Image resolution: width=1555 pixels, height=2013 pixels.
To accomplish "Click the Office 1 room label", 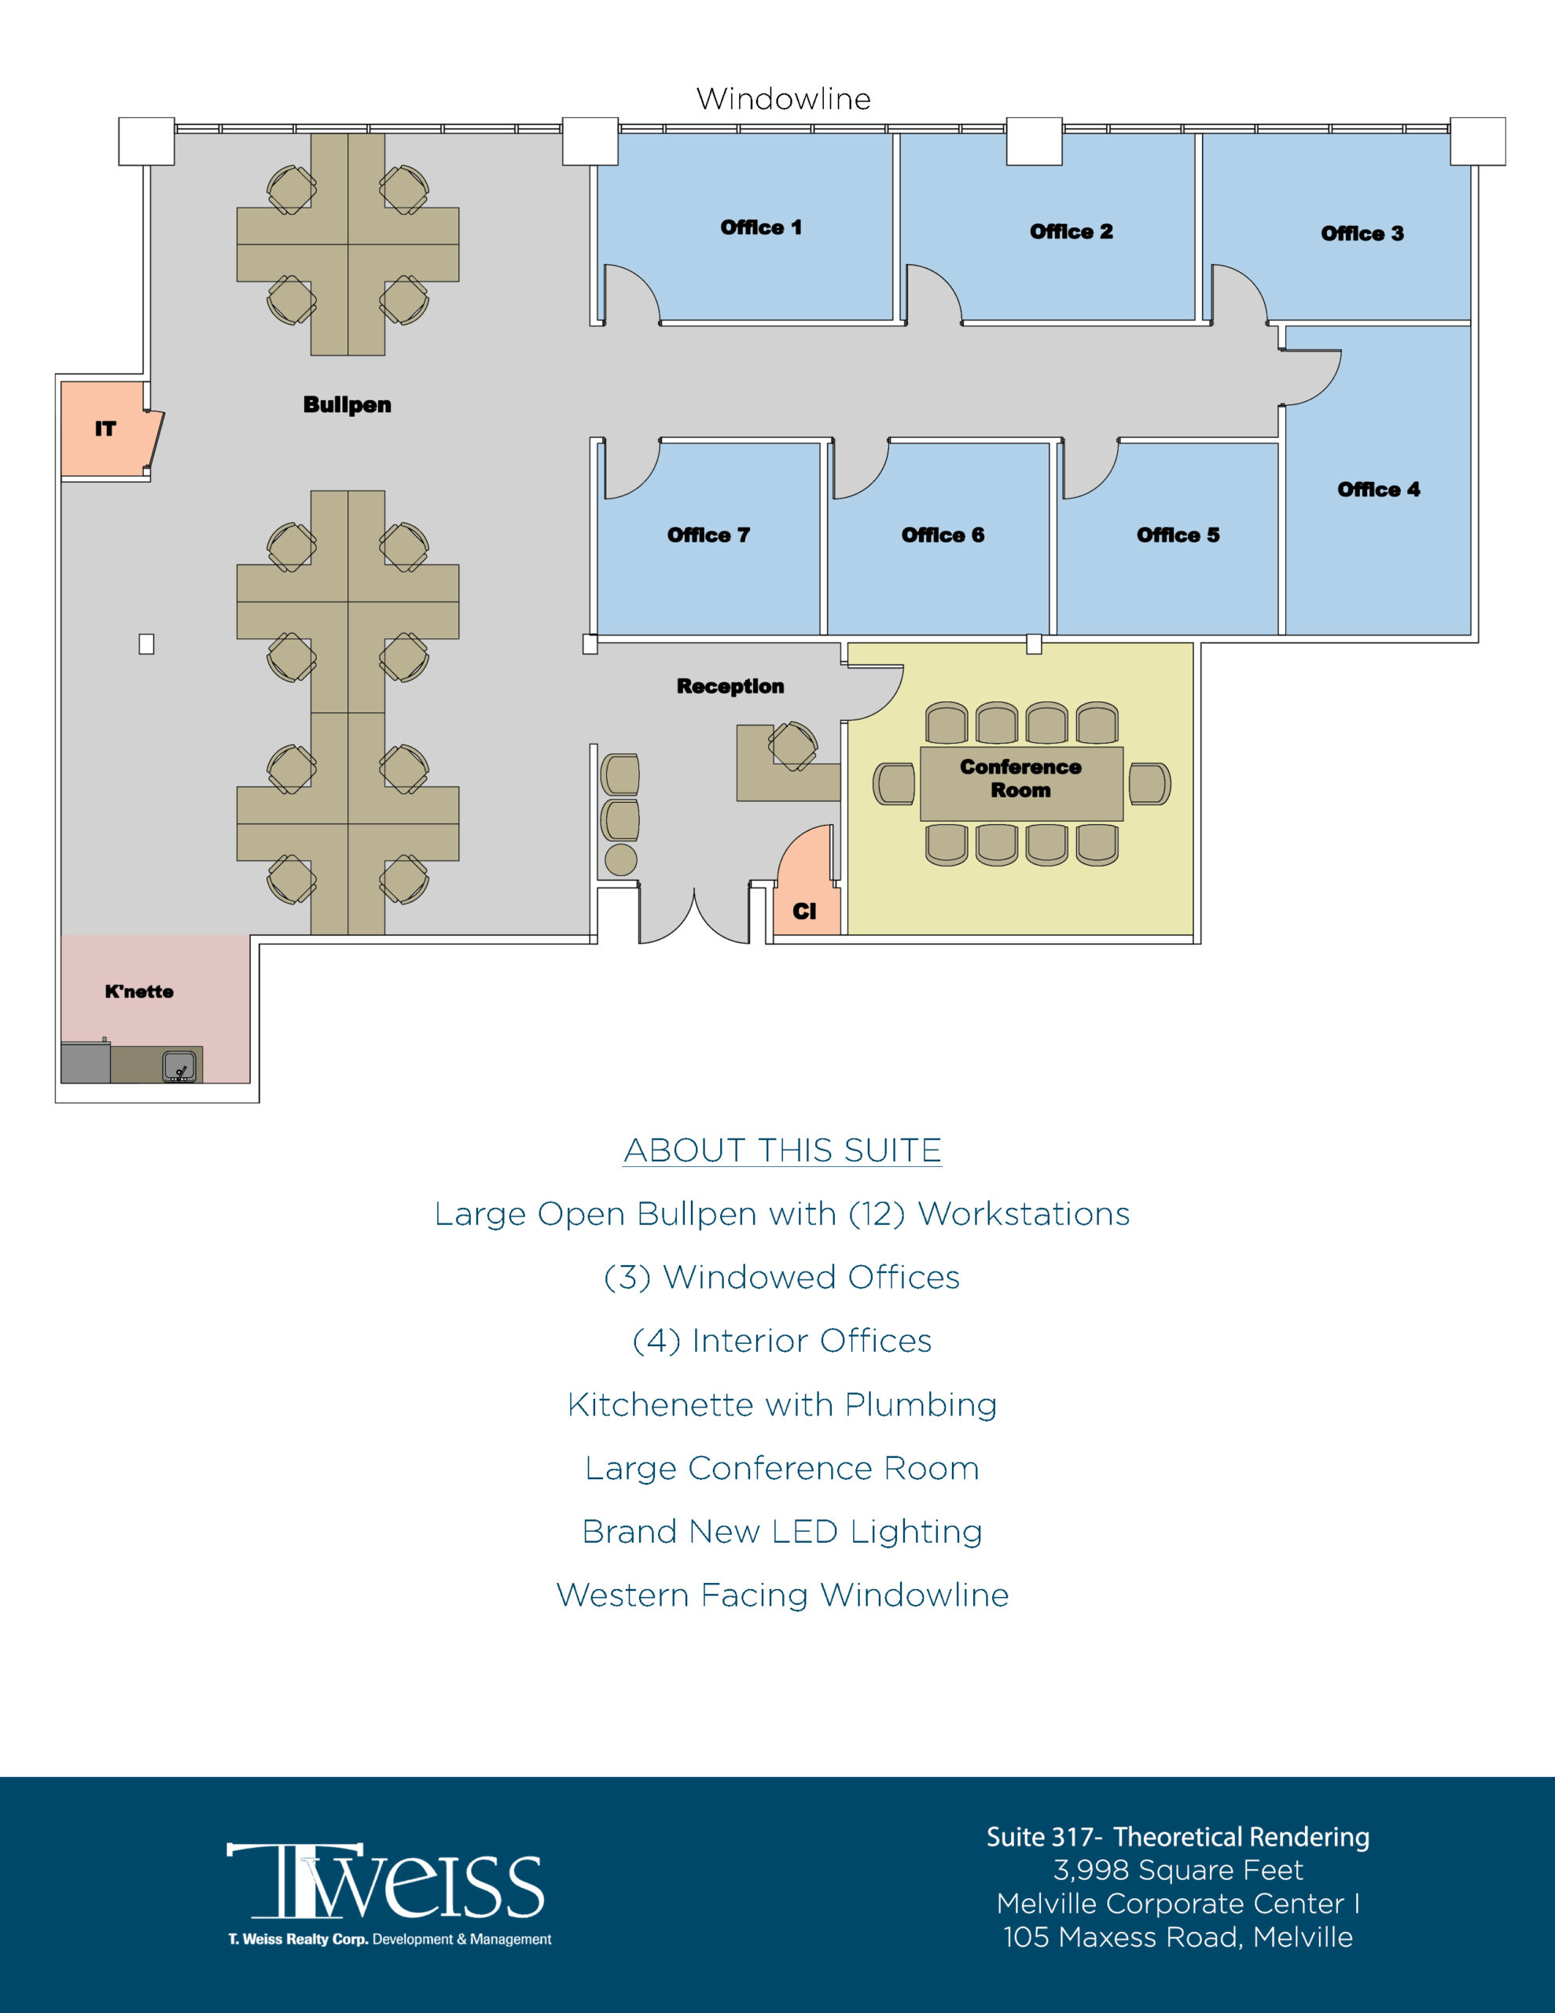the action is coord(760,228).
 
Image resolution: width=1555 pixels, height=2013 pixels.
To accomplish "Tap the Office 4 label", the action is coord(1378,489).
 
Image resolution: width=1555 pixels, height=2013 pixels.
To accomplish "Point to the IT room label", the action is coord(105,429).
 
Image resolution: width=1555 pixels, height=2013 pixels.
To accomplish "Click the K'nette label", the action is coord(139,992).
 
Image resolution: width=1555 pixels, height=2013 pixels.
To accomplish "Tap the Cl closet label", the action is coord(803,911).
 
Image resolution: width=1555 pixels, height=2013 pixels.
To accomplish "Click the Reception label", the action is coord(730,686).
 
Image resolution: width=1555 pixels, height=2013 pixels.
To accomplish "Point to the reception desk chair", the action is coord(792,745).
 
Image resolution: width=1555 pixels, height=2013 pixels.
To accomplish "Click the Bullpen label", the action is coord(347,405).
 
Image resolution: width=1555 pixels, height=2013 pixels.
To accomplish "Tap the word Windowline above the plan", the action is coord(784,98).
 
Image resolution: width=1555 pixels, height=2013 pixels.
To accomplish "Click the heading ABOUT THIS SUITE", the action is coord(781,1150).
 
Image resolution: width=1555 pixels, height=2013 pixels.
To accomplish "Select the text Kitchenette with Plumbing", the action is coord(781,1404).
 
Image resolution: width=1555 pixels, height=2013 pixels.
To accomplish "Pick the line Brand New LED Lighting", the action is coord(781,1531).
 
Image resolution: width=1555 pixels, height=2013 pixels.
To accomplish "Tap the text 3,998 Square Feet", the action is coord(1178,1870).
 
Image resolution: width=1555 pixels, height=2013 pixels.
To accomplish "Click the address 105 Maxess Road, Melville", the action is coord(1178,1938).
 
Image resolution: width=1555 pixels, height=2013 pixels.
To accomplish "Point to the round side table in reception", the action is coord(621,859).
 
